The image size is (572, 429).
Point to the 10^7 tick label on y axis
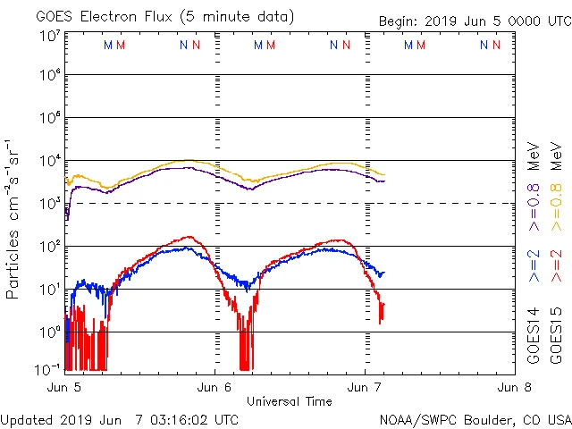point(50,36)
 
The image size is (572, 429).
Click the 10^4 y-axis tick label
point(50,161)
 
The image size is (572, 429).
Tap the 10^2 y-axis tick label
point(50,247)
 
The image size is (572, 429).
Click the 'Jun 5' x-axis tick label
point(64,388)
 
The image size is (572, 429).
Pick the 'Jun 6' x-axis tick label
point(214,388)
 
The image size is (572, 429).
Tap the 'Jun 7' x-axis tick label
point(365,388)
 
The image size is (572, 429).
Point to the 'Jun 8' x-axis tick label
point(514,388)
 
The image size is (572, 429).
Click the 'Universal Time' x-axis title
point(290,401)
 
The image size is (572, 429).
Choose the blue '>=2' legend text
point(534,265)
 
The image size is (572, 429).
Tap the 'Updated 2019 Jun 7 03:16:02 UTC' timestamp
point(120,419)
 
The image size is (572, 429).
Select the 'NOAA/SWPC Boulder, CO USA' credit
point(475,419)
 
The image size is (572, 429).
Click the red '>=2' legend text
point(556,265)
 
